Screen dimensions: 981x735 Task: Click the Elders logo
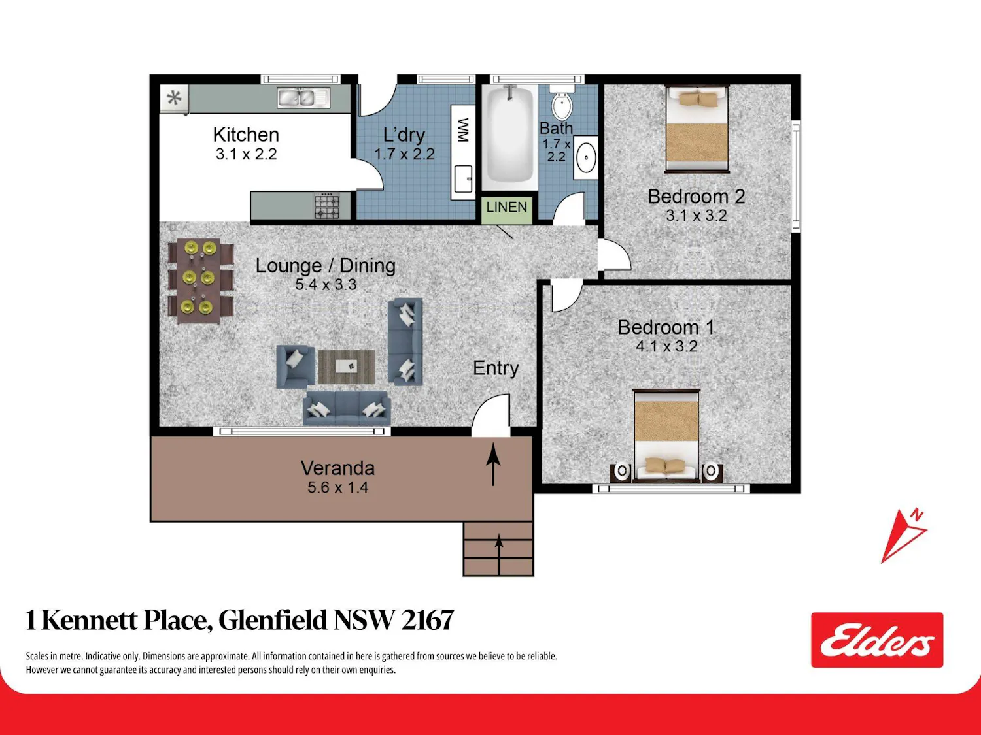pos(877,640)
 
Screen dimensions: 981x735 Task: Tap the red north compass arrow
pos(903,536)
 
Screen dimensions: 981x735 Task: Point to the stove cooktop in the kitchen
pos(327,206)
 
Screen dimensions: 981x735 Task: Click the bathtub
pos(509,135)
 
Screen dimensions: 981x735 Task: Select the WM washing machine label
pos(463,130)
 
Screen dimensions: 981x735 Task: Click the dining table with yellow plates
pos(199,280)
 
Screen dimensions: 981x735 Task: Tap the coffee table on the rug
pos(347,367)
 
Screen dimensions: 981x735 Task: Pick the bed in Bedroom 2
pos(697,129)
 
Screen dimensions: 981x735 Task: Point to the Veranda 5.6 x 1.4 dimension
pos(338,487)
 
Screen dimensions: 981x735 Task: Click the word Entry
pos(496,368)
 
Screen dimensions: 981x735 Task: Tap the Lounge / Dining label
pos(325,265)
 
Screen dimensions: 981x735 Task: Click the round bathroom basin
pos(585,157)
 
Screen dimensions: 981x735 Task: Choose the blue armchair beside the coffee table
pos(295,367)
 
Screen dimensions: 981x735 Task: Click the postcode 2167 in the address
pos(427,620)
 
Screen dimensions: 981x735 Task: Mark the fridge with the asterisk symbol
pos(175,98)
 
